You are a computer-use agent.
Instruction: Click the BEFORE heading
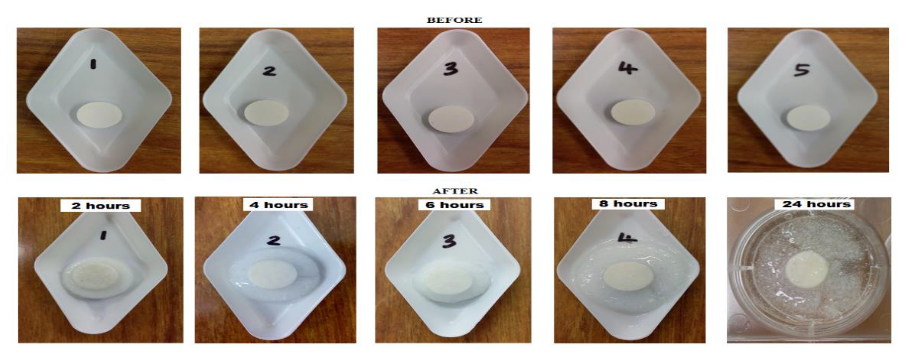point(454,20)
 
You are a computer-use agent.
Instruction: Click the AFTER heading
point(455,191)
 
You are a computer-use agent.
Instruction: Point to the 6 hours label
point(454,205)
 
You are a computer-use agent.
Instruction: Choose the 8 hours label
point(628,204)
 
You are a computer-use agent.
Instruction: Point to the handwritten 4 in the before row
point(628,68)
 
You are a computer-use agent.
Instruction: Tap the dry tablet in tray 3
point(451,119)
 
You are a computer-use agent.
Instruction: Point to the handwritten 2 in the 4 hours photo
point(274,240)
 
